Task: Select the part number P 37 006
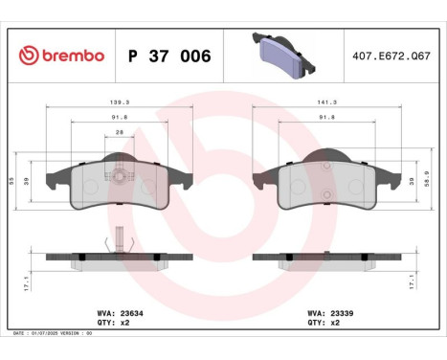pyautogui.click(x=168, y=56)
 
